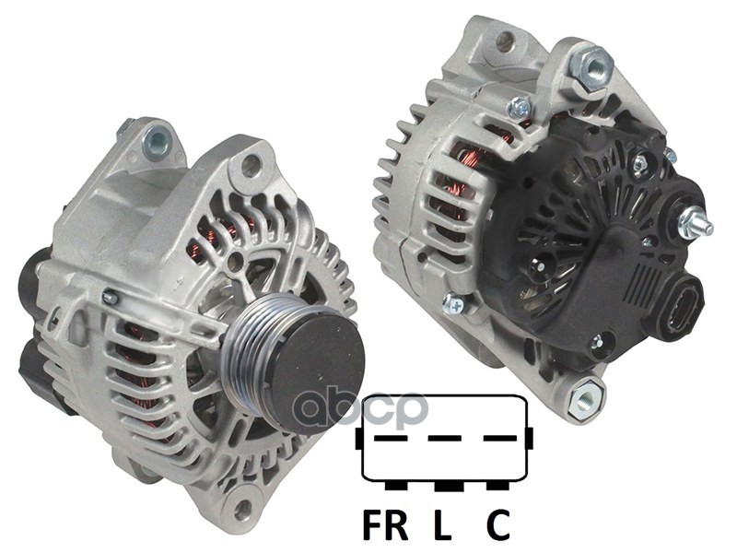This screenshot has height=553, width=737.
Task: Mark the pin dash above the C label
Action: tap(497, 438)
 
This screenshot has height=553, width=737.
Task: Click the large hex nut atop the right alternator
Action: tap(591, 66)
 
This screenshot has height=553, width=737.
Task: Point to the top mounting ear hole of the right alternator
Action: tap(504, 41)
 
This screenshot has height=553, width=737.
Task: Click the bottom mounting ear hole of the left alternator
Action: tap(242, 505)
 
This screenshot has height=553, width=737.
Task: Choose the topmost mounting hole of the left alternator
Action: tap(157, 141)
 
